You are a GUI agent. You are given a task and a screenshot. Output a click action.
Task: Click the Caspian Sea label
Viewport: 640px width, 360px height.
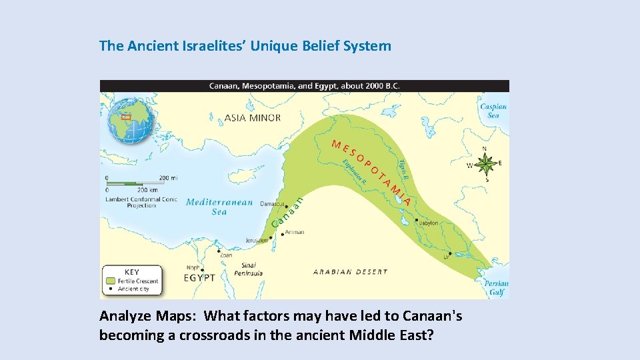click(x=493, y=111)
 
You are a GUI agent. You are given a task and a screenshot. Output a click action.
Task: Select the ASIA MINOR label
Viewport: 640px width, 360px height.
click(x=252, y=118)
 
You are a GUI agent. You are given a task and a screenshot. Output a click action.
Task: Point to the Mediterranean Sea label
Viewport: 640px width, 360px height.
click(x=219, y=207)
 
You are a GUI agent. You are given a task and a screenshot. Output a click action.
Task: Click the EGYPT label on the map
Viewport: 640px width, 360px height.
click(x=199, y=277)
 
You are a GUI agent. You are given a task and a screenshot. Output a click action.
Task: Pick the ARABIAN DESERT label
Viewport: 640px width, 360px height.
click(x=350, y=272)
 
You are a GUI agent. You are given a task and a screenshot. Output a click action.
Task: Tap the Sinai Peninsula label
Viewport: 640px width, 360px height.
click(x=248, y=269)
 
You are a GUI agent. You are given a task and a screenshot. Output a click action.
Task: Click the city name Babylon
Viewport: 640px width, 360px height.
click(x=429, y=223)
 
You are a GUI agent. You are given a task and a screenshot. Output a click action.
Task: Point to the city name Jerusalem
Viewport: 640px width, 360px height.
click(x=257, y=241)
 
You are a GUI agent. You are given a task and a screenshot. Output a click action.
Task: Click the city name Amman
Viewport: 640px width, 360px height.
click(x=294, y=233)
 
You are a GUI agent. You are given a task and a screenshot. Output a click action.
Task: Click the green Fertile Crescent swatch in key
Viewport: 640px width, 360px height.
click(x=110, y=281)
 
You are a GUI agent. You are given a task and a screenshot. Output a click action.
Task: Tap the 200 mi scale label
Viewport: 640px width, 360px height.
click(x=169, y=178)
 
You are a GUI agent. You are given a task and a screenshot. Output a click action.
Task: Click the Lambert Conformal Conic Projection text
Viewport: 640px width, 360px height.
click(x=141, y=202)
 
